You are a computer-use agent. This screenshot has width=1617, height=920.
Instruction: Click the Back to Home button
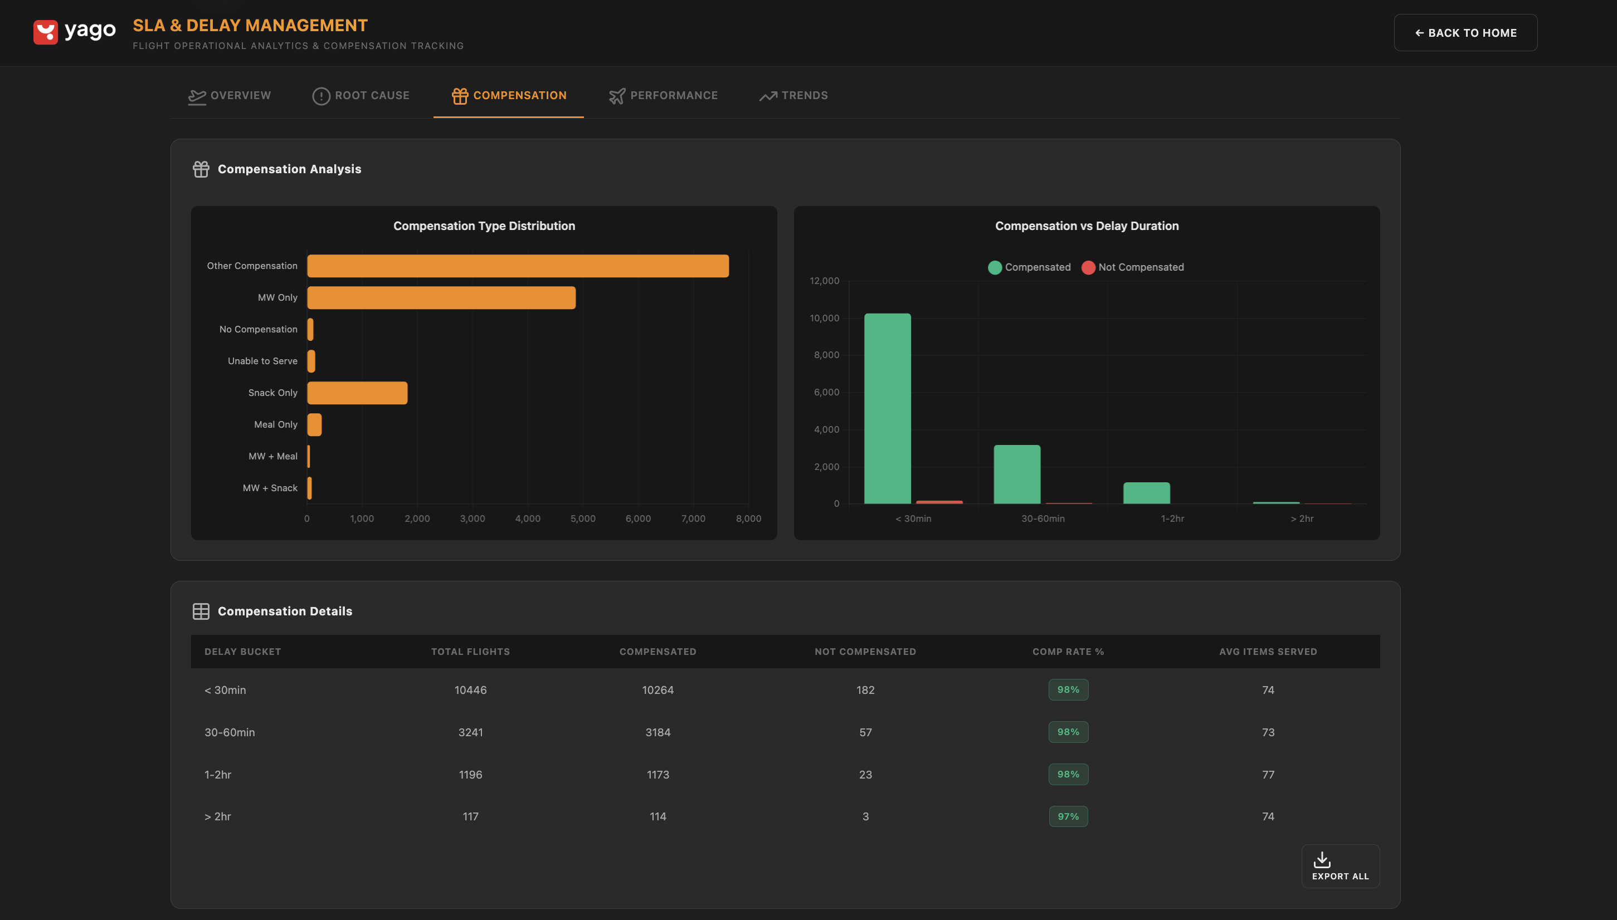(x=1465, y=33)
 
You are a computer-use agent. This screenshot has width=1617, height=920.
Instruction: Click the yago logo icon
(x=46, y=32)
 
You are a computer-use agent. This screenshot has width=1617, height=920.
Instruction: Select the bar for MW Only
(x=441, y=297)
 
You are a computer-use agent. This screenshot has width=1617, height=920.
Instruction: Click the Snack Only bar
(x=357, y=393)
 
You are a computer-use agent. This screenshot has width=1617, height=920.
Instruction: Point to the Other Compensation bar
(x=517, y=266)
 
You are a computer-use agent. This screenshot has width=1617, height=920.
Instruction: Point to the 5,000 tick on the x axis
(x=582, y=519)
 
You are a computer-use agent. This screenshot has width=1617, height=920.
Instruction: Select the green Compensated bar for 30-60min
(x=1016, y=474)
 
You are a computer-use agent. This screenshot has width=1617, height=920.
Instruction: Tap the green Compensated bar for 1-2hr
(x=1146, y=493)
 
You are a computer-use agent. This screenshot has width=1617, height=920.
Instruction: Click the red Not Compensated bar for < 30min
(x=939, y=502)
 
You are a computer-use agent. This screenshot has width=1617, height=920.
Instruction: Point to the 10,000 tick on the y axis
(x=824, y=318)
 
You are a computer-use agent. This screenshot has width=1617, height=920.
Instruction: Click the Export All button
(x=1340, y=867)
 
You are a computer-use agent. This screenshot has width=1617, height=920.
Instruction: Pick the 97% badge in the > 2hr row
(x=1068, y=816)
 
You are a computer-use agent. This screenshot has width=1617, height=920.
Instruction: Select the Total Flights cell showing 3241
(x=470, y=732)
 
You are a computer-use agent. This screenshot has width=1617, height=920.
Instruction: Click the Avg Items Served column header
(x=1268, y=652)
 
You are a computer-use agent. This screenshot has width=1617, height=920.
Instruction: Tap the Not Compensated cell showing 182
(x=865, y=690)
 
